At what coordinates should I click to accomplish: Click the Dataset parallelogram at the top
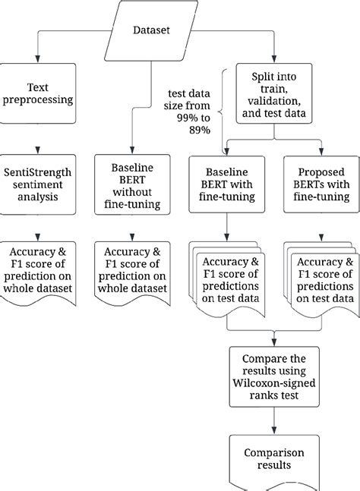pos(151,30)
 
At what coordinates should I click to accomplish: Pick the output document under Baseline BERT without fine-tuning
pos(131,272)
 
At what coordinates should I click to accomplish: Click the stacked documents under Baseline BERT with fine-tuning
pos(227,277)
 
